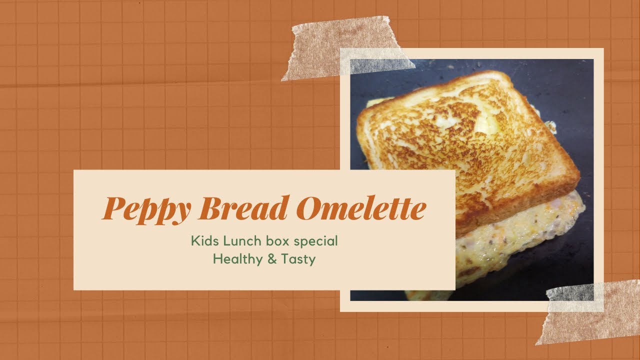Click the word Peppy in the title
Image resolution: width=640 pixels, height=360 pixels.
pyautogui.click(x=146, y=209)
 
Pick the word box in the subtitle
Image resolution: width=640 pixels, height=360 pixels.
pyautogui.click(x=278, y=241)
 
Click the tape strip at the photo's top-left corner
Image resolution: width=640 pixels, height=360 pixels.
pyautogui.click(x=345, y=48)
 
